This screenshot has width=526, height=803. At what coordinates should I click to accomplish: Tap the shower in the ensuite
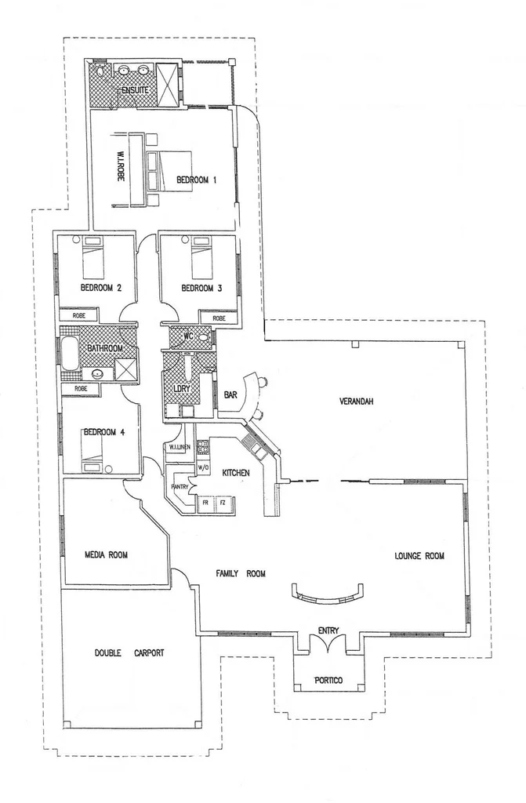coord(168,82)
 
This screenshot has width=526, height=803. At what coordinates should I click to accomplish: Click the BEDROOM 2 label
coord(101,288)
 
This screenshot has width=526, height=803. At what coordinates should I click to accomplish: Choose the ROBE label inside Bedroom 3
coord(219,318)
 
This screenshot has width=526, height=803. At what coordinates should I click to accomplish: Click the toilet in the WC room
coord(203,338)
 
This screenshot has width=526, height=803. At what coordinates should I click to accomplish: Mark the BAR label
coord(231,394)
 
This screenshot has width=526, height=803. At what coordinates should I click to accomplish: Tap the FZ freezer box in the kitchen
coord(223,502)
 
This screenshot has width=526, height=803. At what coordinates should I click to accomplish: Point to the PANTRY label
coord(180,487)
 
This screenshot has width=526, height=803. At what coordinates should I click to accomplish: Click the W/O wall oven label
coord(203,469)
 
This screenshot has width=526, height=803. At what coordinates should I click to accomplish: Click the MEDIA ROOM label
coord(106,554)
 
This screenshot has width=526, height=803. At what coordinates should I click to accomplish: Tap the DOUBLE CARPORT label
coord(129,652)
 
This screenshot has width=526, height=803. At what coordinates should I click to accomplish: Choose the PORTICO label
coord(328,680)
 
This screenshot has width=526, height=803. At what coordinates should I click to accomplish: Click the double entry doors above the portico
coord(328,644)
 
